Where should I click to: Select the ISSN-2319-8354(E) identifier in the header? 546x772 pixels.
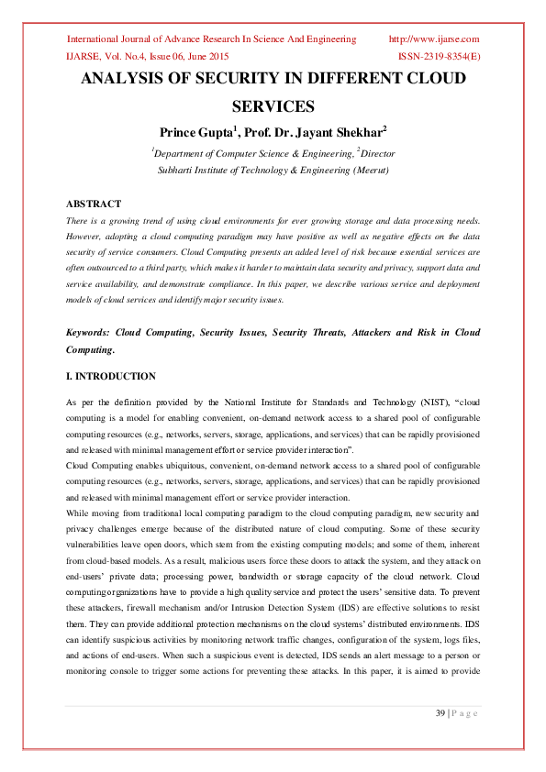coord(439,56)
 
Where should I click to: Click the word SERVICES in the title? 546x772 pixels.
coord(273,106)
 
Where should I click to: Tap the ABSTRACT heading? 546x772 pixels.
coord(94,204)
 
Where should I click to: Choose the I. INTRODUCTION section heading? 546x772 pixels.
coord(111,376)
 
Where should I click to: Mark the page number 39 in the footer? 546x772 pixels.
coord(440,714)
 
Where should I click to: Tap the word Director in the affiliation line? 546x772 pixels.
coord(377,153)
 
